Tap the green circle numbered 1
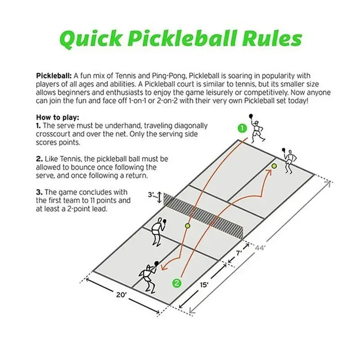pos(243,128)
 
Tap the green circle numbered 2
pos(177,283)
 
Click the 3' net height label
pos(152,195)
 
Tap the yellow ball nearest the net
pos(188,225)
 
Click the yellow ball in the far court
pos(274,166)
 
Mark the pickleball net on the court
pos(205,215)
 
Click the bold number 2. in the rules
pos(39,159)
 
